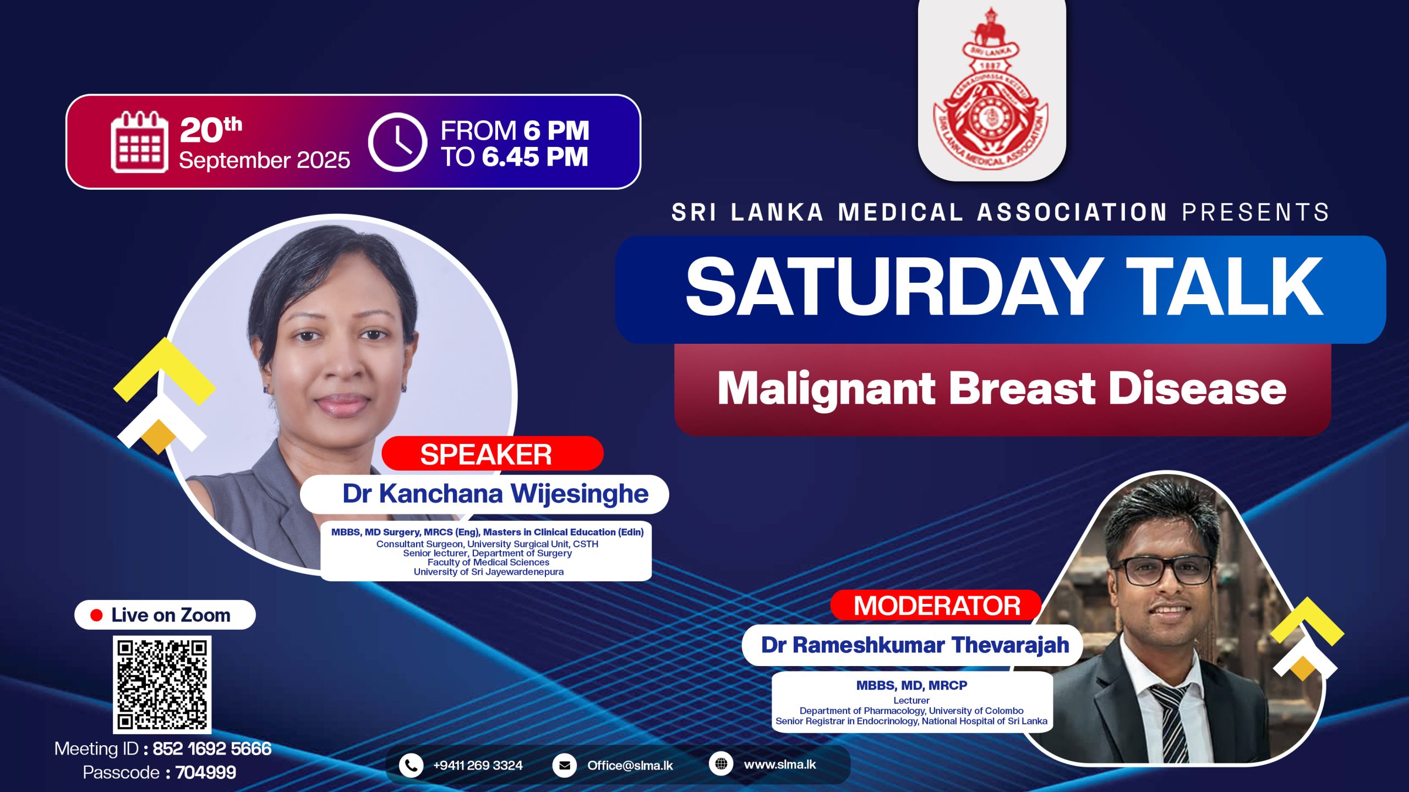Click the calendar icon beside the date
[x=139, y=142]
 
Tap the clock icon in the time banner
[x=397, y=142]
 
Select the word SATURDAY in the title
[x=891, y=287]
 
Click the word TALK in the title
[x=1228, y=287]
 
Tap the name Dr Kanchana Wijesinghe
[x=495, y=493]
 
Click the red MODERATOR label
[x=936, y=605]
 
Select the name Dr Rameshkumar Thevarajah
[x=915, y=645]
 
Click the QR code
[x=162, y=685]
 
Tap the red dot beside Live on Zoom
[x=96, y=615]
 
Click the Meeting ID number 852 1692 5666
[x=212, y=749]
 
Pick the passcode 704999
[x=206, y=773]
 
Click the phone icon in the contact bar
[x=411, y=765]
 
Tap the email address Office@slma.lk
[x=630, y=766]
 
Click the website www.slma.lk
[x=780, y=765]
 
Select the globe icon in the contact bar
[x=721, y=764]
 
